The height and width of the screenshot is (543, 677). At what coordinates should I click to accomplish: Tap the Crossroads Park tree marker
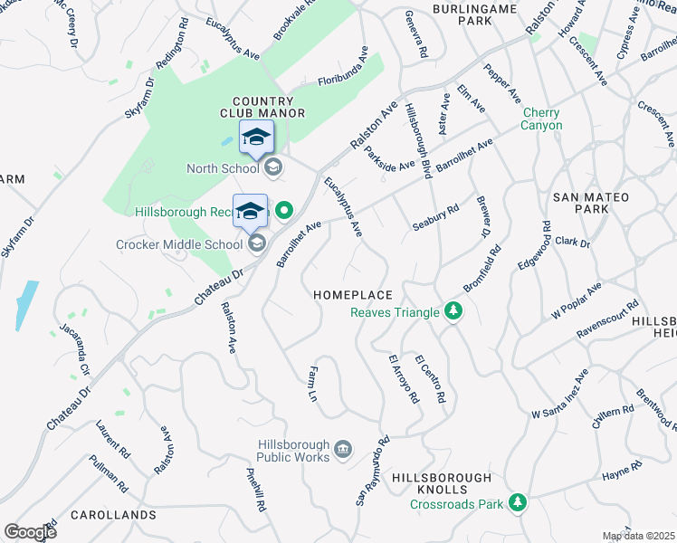click(x=517, y=501)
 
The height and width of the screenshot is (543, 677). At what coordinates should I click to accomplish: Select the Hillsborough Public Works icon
click(x=343, y=448)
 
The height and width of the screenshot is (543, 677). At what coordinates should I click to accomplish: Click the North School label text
click(x=223, y=167)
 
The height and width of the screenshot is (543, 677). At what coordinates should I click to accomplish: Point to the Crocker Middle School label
click(x=179, y=243)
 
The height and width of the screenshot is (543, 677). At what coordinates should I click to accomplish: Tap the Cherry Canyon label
click(x=541, y=119)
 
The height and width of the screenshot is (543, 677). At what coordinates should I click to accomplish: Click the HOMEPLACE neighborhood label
click(x=353, y=295)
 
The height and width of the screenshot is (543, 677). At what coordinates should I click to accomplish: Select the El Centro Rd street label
click(x=430, y=379)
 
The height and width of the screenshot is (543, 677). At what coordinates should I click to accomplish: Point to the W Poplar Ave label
click(x=576, y=302)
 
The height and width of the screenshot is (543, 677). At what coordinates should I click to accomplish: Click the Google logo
click(x=30, y=531)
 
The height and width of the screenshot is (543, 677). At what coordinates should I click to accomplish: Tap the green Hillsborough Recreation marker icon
click(x=283, y=212)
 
